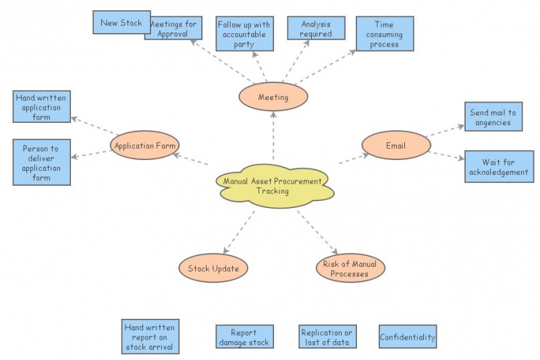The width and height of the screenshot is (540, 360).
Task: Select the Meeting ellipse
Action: [273, 97]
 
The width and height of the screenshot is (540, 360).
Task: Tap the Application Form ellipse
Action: [144, 145]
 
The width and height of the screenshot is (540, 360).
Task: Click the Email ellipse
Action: [396, 145]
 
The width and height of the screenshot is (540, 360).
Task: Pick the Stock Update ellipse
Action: [213, 268]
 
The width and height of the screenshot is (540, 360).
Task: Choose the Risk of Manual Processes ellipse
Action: [350, 268]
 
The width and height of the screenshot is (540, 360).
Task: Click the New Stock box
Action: [121, 22]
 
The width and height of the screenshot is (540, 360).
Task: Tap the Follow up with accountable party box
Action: [244, 34]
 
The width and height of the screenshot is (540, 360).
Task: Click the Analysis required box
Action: [316, 28]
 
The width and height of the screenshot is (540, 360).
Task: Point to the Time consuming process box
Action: [384, 34]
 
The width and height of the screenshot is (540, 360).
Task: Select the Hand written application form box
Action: [41, 107]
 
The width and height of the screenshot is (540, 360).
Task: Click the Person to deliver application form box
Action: [41, 163]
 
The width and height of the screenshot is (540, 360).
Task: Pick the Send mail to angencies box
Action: [493, 118]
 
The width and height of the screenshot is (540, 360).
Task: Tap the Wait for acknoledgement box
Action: [499, 167]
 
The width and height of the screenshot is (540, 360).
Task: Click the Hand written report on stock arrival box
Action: [149, 337]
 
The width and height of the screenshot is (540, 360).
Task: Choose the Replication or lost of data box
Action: [327, 337]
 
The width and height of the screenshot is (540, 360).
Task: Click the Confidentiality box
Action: [407, 337]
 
